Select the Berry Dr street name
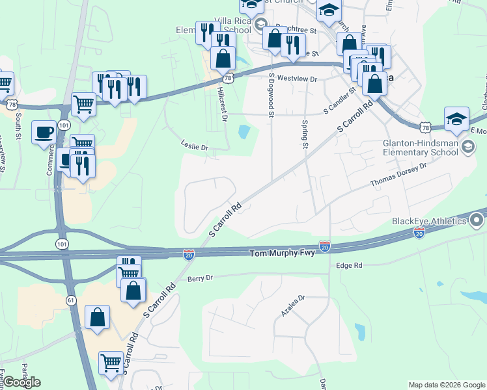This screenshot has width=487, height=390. pos(200,278)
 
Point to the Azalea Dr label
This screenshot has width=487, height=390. pos(293,305)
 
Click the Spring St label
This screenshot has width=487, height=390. pos(304,134)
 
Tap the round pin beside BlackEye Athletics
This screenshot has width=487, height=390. pos(477,221)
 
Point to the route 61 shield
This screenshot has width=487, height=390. pos(71,300)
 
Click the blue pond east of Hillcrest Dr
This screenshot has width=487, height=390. pos(245,132)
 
